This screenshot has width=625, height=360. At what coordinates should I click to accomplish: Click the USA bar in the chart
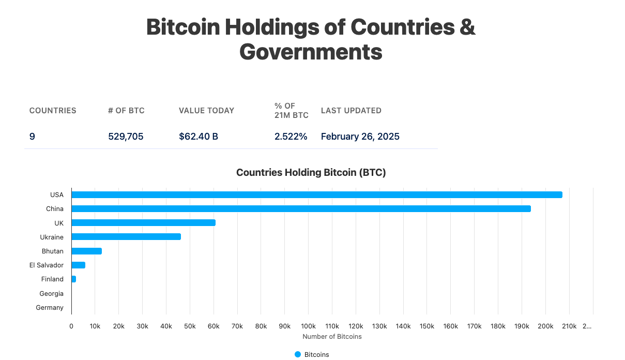(316, 195)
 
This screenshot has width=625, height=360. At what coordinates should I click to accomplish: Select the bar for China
(301, 209)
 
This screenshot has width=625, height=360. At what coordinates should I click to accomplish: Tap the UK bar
(143, 223)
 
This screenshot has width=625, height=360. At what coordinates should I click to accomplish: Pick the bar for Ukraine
(126, 237)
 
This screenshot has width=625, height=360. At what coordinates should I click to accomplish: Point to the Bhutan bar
(86, 251)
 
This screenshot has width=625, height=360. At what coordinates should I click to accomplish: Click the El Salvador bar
(78, 265)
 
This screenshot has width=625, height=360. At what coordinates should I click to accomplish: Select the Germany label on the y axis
(50, 308)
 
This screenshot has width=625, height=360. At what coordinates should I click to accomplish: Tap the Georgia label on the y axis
(51, 294)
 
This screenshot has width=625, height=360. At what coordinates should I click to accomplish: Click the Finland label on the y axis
(52, 279)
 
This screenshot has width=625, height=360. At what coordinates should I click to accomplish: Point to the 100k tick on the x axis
(308, 326)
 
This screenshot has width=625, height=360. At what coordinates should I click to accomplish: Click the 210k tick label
(569, 326)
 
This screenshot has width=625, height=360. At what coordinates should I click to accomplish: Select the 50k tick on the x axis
(190, 326)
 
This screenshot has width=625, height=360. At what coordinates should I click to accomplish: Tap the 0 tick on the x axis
(71, 326)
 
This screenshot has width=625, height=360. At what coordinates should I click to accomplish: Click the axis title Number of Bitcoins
(332, 337)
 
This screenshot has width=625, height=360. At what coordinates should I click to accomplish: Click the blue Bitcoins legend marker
(298, 354)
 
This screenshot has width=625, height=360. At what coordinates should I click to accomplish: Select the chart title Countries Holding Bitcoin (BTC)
(311, 173)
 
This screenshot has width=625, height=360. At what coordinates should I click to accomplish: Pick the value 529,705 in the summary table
(126, 137)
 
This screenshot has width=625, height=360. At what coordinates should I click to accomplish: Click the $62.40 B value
(199, 137)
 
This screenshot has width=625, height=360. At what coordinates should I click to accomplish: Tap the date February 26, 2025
(360, 137)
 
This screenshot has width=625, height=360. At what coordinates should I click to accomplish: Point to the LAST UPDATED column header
(351, 111)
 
